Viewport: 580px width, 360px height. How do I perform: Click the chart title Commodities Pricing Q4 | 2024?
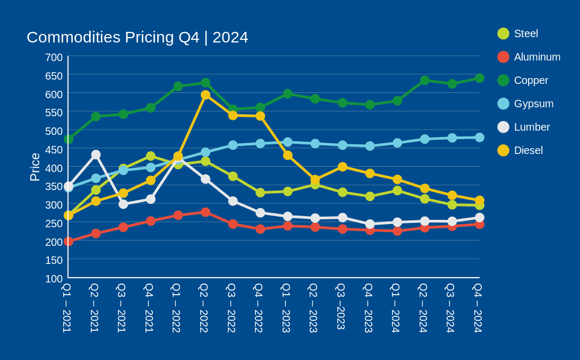(137, 37)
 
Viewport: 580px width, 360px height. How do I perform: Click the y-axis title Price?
(35, 167)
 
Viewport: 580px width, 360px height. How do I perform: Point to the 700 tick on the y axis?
(54, 57)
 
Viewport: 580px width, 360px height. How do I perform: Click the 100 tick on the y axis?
(54, 278)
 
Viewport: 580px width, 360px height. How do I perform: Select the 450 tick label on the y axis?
(54, 150)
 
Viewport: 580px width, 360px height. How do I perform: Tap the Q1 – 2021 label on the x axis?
(67, 307)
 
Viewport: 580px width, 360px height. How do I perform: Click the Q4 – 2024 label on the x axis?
(478, 307)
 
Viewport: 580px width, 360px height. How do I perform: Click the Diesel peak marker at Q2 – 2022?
(206, 95)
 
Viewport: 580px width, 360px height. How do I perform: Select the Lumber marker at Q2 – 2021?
(96, 155)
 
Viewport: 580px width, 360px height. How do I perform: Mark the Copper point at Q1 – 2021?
(69, 139)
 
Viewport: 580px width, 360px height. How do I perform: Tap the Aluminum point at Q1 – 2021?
(69, 242)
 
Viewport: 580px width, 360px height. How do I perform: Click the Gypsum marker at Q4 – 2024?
(479, 138)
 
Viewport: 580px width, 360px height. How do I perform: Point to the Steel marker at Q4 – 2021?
(151, 156)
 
